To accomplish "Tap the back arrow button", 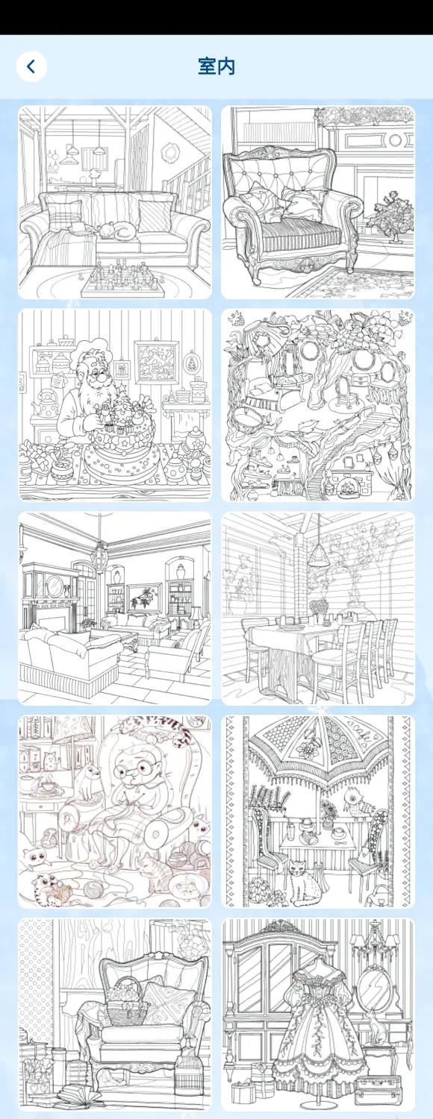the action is [x=31, y=66].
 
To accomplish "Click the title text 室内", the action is [x=216, y=66].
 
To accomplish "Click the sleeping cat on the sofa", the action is [x=116, y=231].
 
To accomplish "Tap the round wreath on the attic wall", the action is [x=170, y=150].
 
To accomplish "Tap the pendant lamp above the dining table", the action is [x=317, y=554].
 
